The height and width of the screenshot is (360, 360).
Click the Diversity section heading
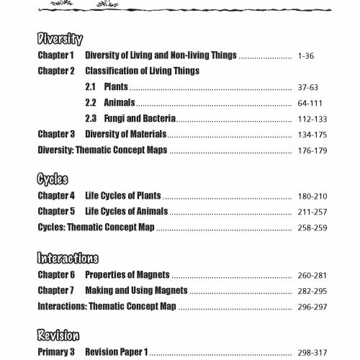[x=60, y=40]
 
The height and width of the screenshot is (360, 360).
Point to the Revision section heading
[x=58, y=336]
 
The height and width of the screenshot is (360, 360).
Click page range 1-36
[x=305, y=55]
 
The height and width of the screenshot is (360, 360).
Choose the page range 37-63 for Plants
[x=307, y=87]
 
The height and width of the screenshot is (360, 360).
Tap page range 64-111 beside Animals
[x=309, y=103]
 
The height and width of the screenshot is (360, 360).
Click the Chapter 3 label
[x=56, y=135]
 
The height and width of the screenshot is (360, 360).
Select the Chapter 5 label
[x=56, y=212]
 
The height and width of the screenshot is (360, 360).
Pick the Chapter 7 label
[x=56, y=290]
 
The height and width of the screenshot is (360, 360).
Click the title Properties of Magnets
[x=127, y=275]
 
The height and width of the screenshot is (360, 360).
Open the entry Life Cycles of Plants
[x=122, y=196]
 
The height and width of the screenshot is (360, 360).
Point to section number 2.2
[x=91, y=103]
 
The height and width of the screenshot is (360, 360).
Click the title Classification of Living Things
[x=143, y=71]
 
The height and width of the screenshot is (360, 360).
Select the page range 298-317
[x=311, y=352]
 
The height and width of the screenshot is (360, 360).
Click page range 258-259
[x=311, y=228]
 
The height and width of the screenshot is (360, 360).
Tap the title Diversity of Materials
[x=125, y=135]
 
